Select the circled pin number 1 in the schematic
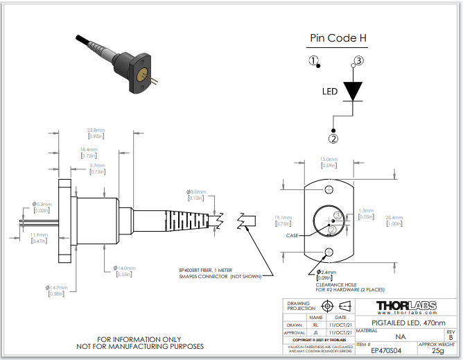tap(314, 60)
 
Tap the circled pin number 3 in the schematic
tap(358, 60)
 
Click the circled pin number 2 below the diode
tap(334, 138)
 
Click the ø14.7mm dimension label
tap(56, 286)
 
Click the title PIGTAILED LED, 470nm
tap(406, 323)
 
